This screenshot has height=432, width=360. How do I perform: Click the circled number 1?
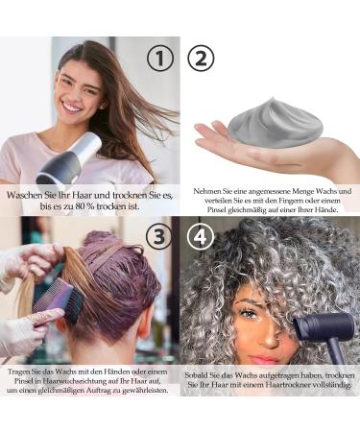[x=161, y=59]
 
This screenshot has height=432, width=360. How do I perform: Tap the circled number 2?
[x=201, y=59]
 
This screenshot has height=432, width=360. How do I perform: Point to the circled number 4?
[x=201, y=236]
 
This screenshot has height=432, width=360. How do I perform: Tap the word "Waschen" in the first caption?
[x=27, y=194]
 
